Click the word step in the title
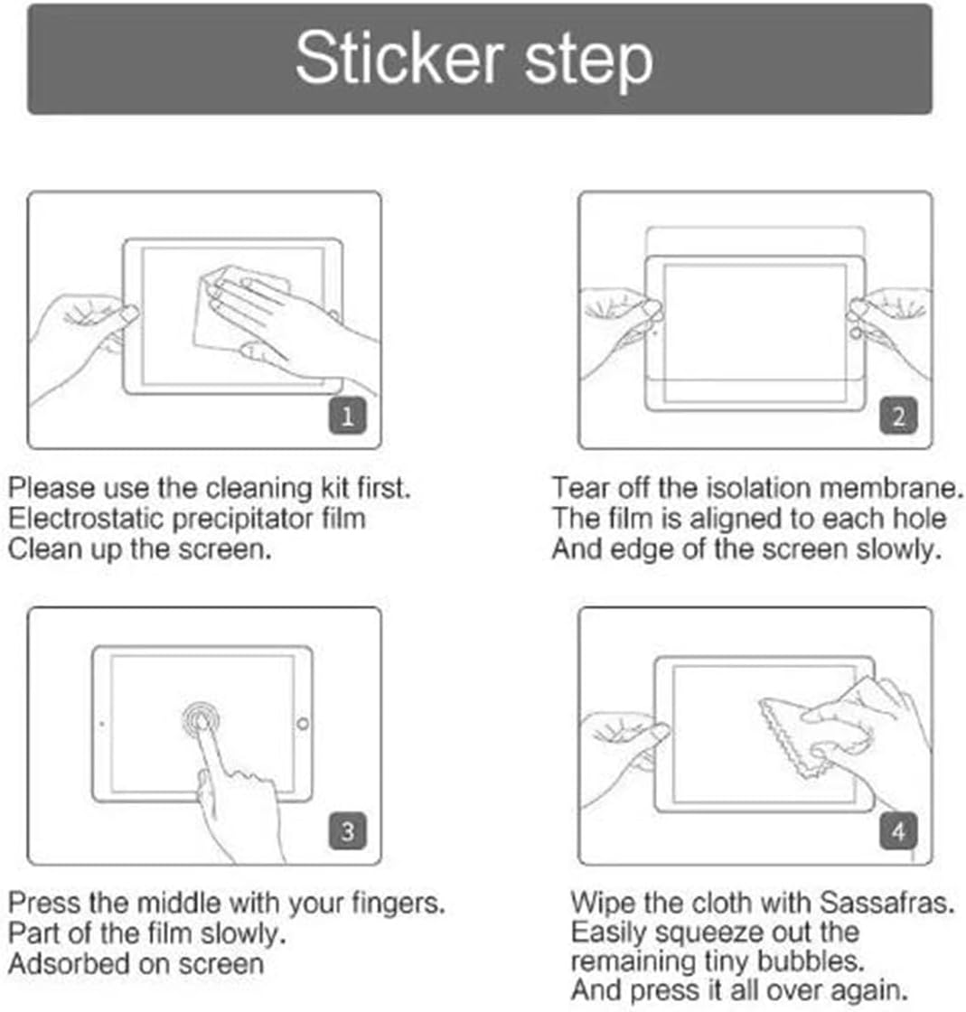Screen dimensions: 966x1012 [x=588, y=62]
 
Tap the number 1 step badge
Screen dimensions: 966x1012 [x=348, y=416]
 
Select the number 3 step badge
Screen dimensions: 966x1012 [x=348, y=831]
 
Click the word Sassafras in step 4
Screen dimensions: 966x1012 [x=886, y=903]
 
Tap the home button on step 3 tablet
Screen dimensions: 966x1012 [x=302, y=724]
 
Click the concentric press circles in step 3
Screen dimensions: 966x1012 [x=201, y=719]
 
